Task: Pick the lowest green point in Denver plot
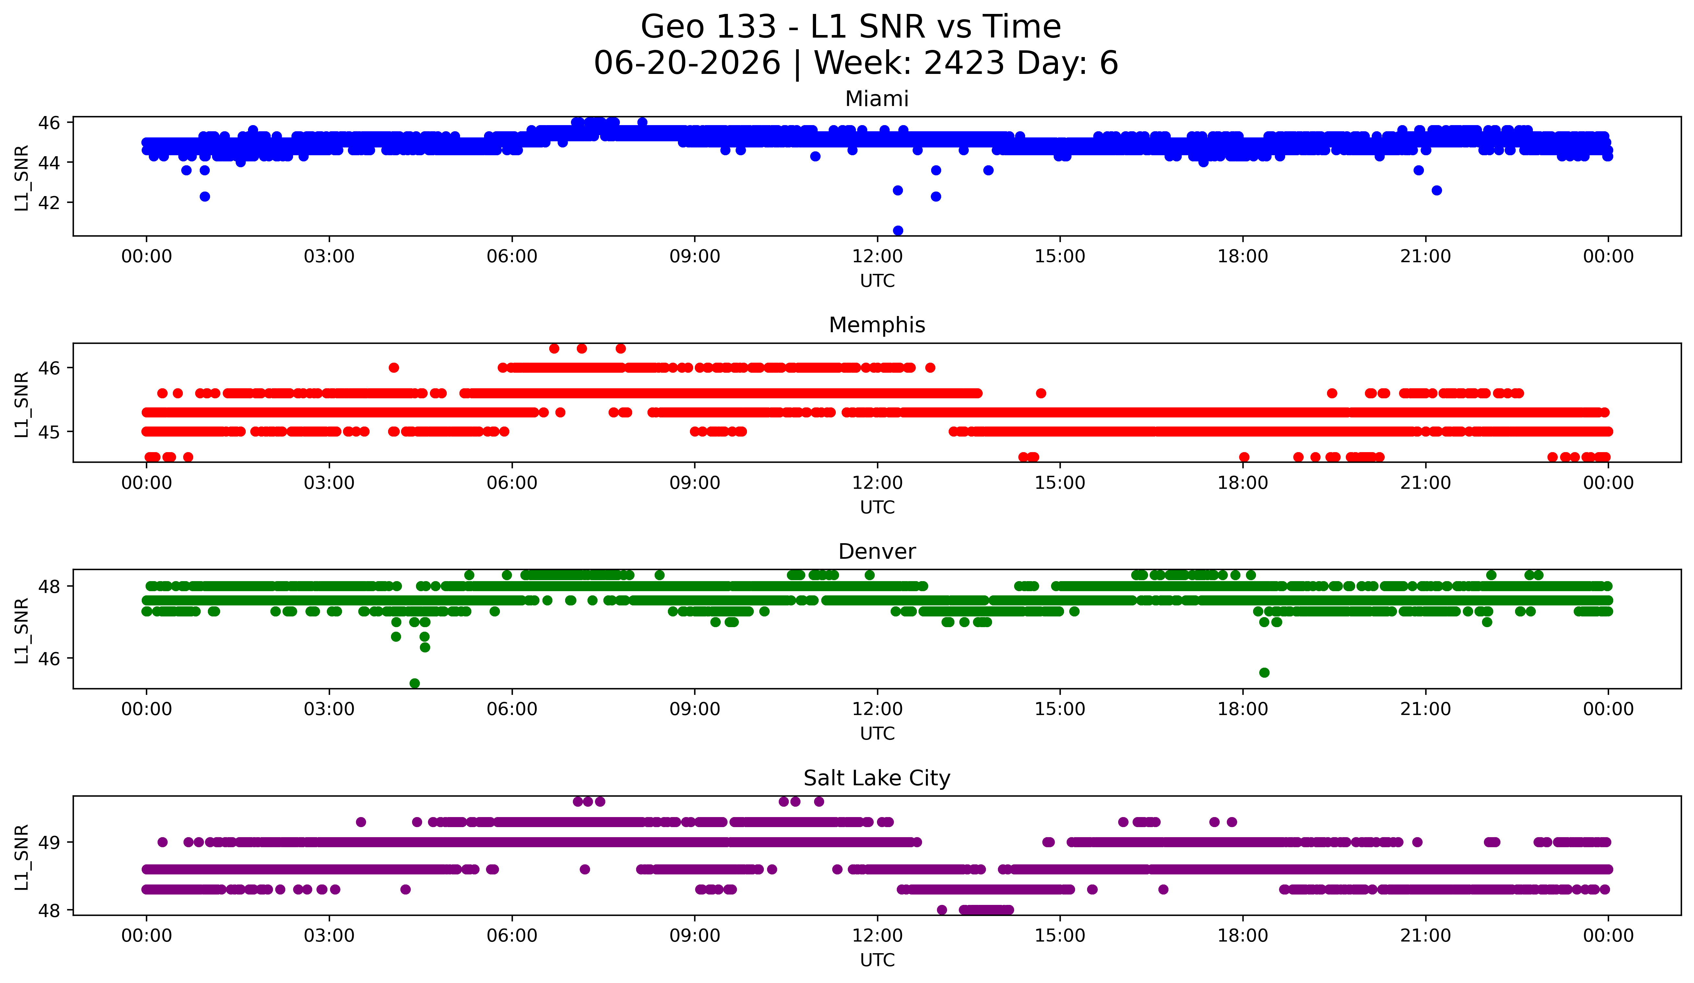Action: tap(415, 683)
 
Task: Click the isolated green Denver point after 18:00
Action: tap(1264, 673)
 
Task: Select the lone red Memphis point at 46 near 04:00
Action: tap(394, 368)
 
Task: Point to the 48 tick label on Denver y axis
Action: tap(49, 587)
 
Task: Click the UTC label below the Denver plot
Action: tap(877, 734)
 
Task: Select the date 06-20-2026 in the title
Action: tap(687, 63)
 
